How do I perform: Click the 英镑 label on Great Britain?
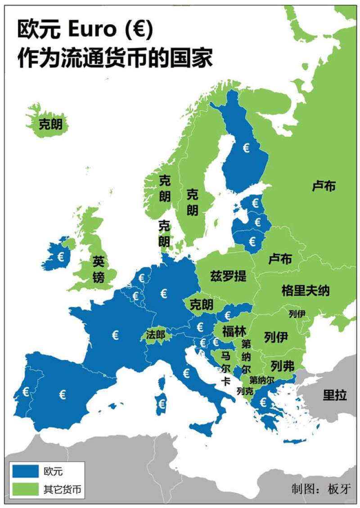99,268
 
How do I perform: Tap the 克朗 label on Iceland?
50,124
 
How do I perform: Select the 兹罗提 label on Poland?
229,276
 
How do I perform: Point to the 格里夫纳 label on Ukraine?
306,290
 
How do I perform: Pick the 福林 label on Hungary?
234,332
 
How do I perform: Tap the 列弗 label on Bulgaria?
283,365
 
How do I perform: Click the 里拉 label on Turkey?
335,396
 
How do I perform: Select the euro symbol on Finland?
246,148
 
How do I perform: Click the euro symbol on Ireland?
60,256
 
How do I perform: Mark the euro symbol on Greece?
264,401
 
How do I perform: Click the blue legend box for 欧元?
25,471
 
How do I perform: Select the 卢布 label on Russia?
324,186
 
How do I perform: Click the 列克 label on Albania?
245,391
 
